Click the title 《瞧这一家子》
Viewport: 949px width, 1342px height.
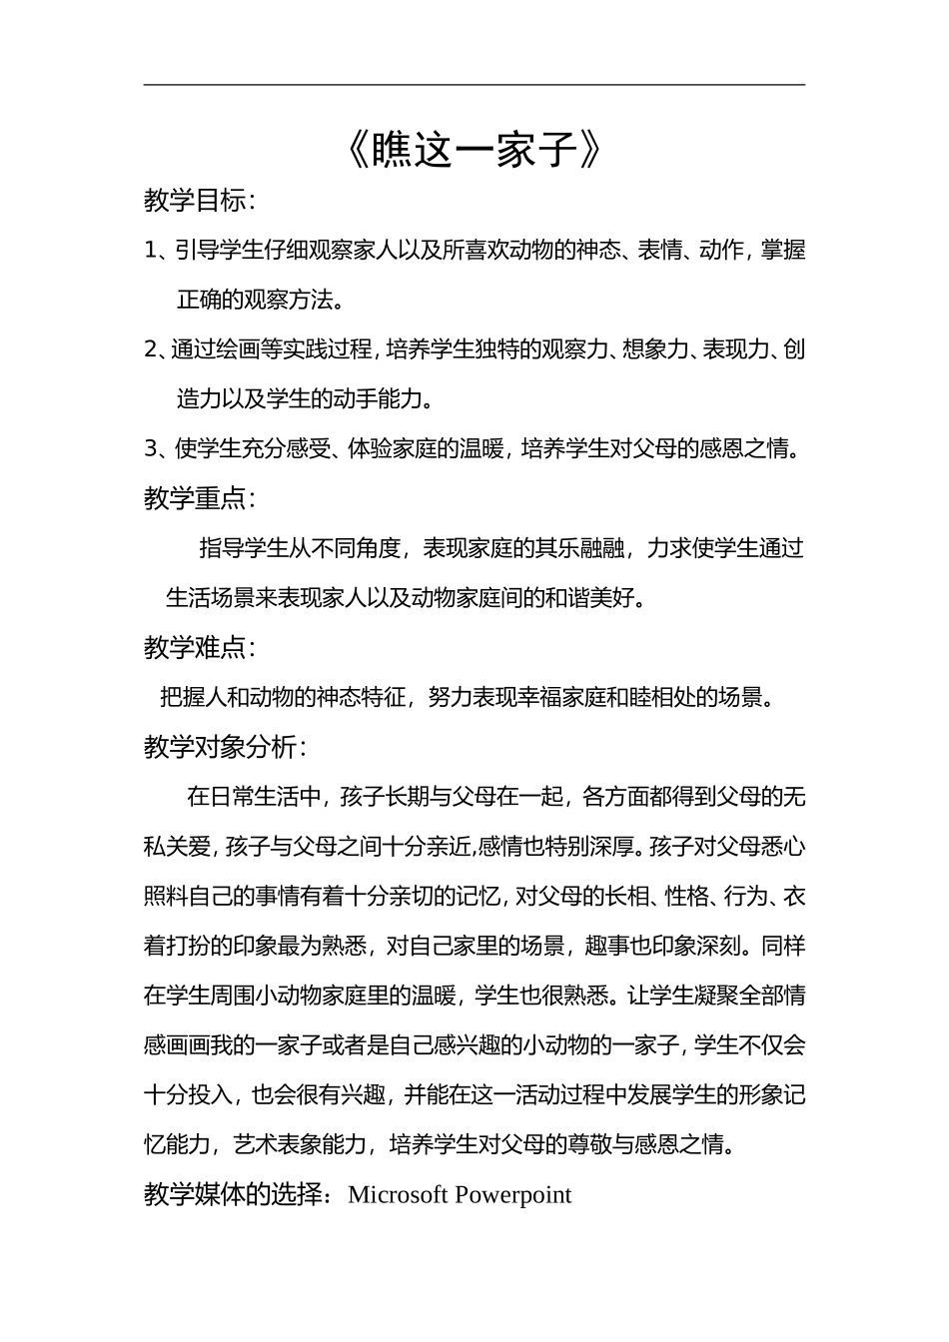click(x=474, y=150)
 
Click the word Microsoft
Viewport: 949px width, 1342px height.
click(x=398, y=1195)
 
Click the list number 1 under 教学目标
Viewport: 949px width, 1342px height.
click(x=151, y=251)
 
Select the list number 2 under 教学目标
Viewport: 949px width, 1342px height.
click(x=151, y=349)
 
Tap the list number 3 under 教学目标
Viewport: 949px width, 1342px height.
click(x=151, y=449)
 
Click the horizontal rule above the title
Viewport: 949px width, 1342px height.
click(x=474, y=86)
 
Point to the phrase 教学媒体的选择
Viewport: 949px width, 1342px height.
click(x=235, y=1195)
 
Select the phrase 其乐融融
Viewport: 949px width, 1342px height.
click(x=578, y=548)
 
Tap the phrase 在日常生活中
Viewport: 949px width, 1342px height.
click(x=254, y=797)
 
